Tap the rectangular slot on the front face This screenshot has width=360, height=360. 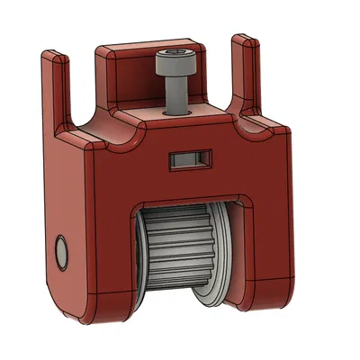click(x=189, y=159)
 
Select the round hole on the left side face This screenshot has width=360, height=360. click(x=62, y=251)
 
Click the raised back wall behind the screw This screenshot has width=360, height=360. click(x=135, y=72)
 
